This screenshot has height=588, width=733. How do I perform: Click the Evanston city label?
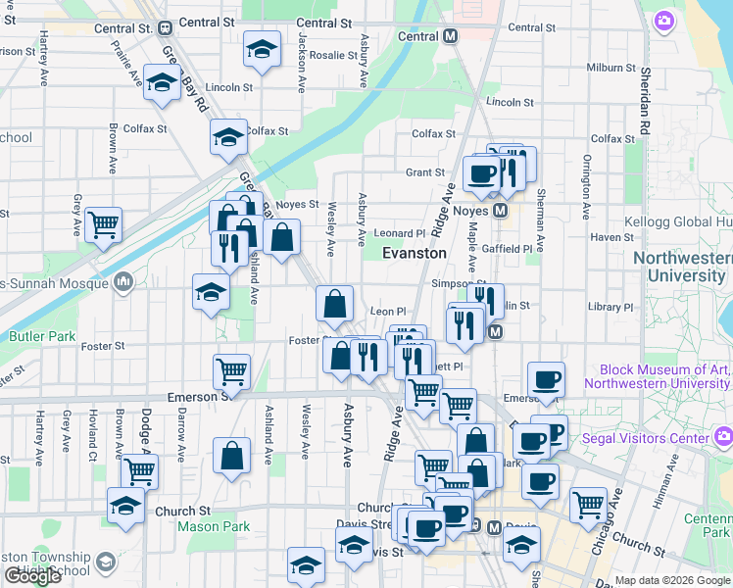click(414, 253)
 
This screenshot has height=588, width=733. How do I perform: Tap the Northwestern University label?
click(682, 268)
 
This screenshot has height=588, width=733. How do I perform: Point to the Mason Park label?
click(215, 526)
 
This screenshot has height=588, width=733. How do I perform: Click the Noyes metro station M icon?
click(500, 211)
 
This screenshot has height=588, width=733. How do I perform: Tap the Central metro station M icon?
click(451, 36)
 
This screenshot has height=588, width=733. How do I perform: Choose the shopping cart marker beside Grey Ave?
click(103, 224)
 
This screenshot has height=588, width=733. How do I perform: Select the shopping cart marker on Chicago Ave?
click(588, 505)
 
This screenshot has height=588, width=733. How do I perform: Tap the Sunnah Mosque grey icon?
click(123, 283)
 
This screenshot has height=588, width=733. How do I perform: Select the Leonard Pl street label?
click(400, 233)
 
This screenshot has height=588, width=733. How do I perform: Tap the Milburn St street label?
click(612, 68)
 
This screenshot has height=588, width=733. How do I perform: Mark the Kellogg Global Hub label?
click(683, 222)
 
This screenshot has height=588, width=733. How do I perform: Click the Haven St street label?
click(612, 237)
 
